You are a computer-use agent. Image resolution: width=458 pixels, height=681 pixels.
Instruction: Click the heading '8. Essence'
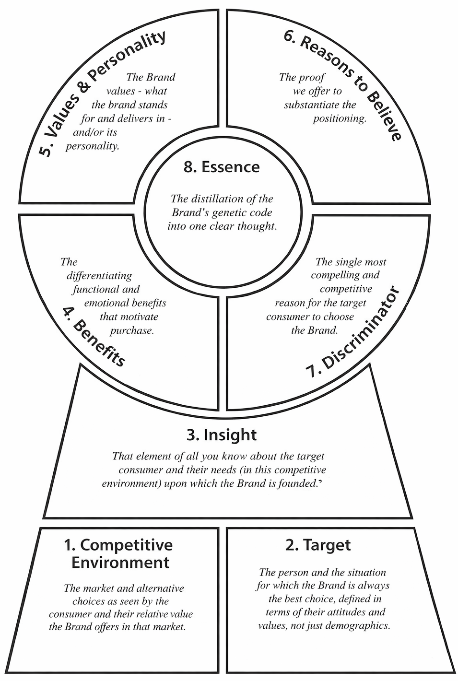pyautogui.click(x=221, y=167)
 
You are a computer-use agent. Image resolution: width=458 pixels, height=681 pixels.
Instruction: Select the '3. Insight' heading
pyautogui.click(x=221, y=434)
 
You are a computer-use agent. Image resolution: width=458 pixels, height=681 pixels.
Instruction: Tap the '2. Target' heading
pyautogui.click(x=317, y=545)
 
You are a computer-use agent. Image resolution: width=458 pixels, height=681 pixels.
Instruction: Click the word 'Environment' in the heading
pyautogui.click(x=120, y=562)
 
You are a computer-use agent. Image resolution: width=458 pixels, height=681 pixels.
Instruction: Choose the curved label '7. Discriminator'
pyautogui.click(x=353, y=333)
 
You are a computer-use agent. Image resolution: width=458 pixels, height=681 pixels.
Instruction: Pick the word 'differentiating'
pyautogui.click(x=99, y=276)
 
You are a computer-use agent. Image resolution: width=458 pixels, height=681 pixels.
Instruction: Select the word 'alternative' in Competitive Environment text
pyautogui.click(x=160, y=588)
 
